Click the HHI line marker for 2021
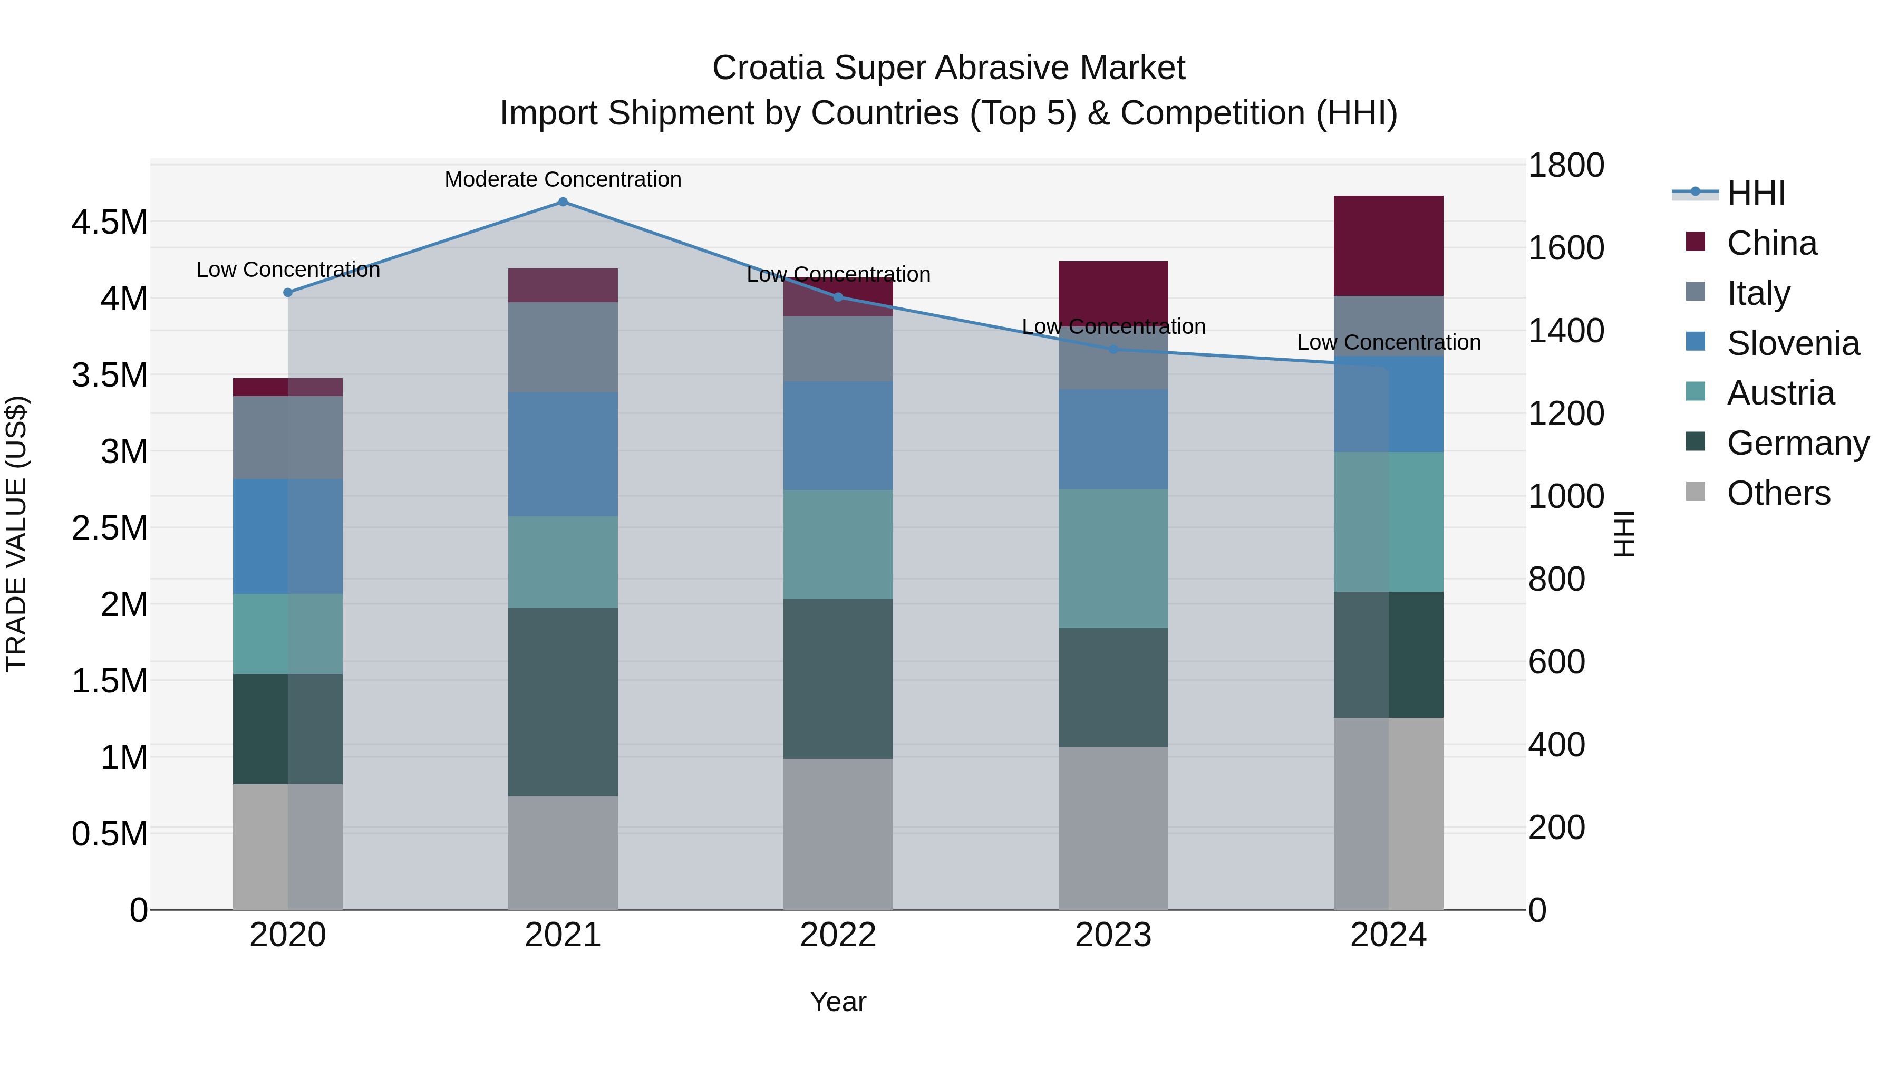pyautogui.click(x=563, y=202)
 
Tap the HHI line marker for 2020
pyautogui.click(x=288, y=293)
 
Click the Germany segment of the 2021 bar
pyautogui.click(x=563, y=701)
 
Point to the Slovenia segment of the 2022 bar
pyautogui.click(x=838, y=436)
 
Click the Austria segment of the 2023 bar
pyautogui.click(x=1113, y=559)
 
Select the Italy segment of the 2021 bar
pyautogui.click(x=563, y=347)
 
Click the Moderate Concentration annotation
pyautogui.click(x=563, y=179)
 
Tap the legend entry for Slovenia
pyautogui.click(x=1793, y=343)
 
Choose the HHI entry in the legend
pyautogui.click(x=1756, y=193)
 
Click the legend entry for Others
pyautogui.click(x=1778, y=493)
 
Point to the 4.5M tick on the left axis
pyautogui.click(x=109, y=223)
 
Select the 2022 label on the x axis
pyautogui.click(x=838, y=935)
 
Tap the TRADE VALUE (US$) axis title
pyautogui.click(x=16, y=534)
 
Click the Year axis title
pyautogui.click(x=838, y=1002)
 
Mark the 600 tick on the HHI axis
pyautogui.click(x=1556, y=662)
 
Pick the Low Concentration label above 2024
pyautogui.click(x=1388, y=343)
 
